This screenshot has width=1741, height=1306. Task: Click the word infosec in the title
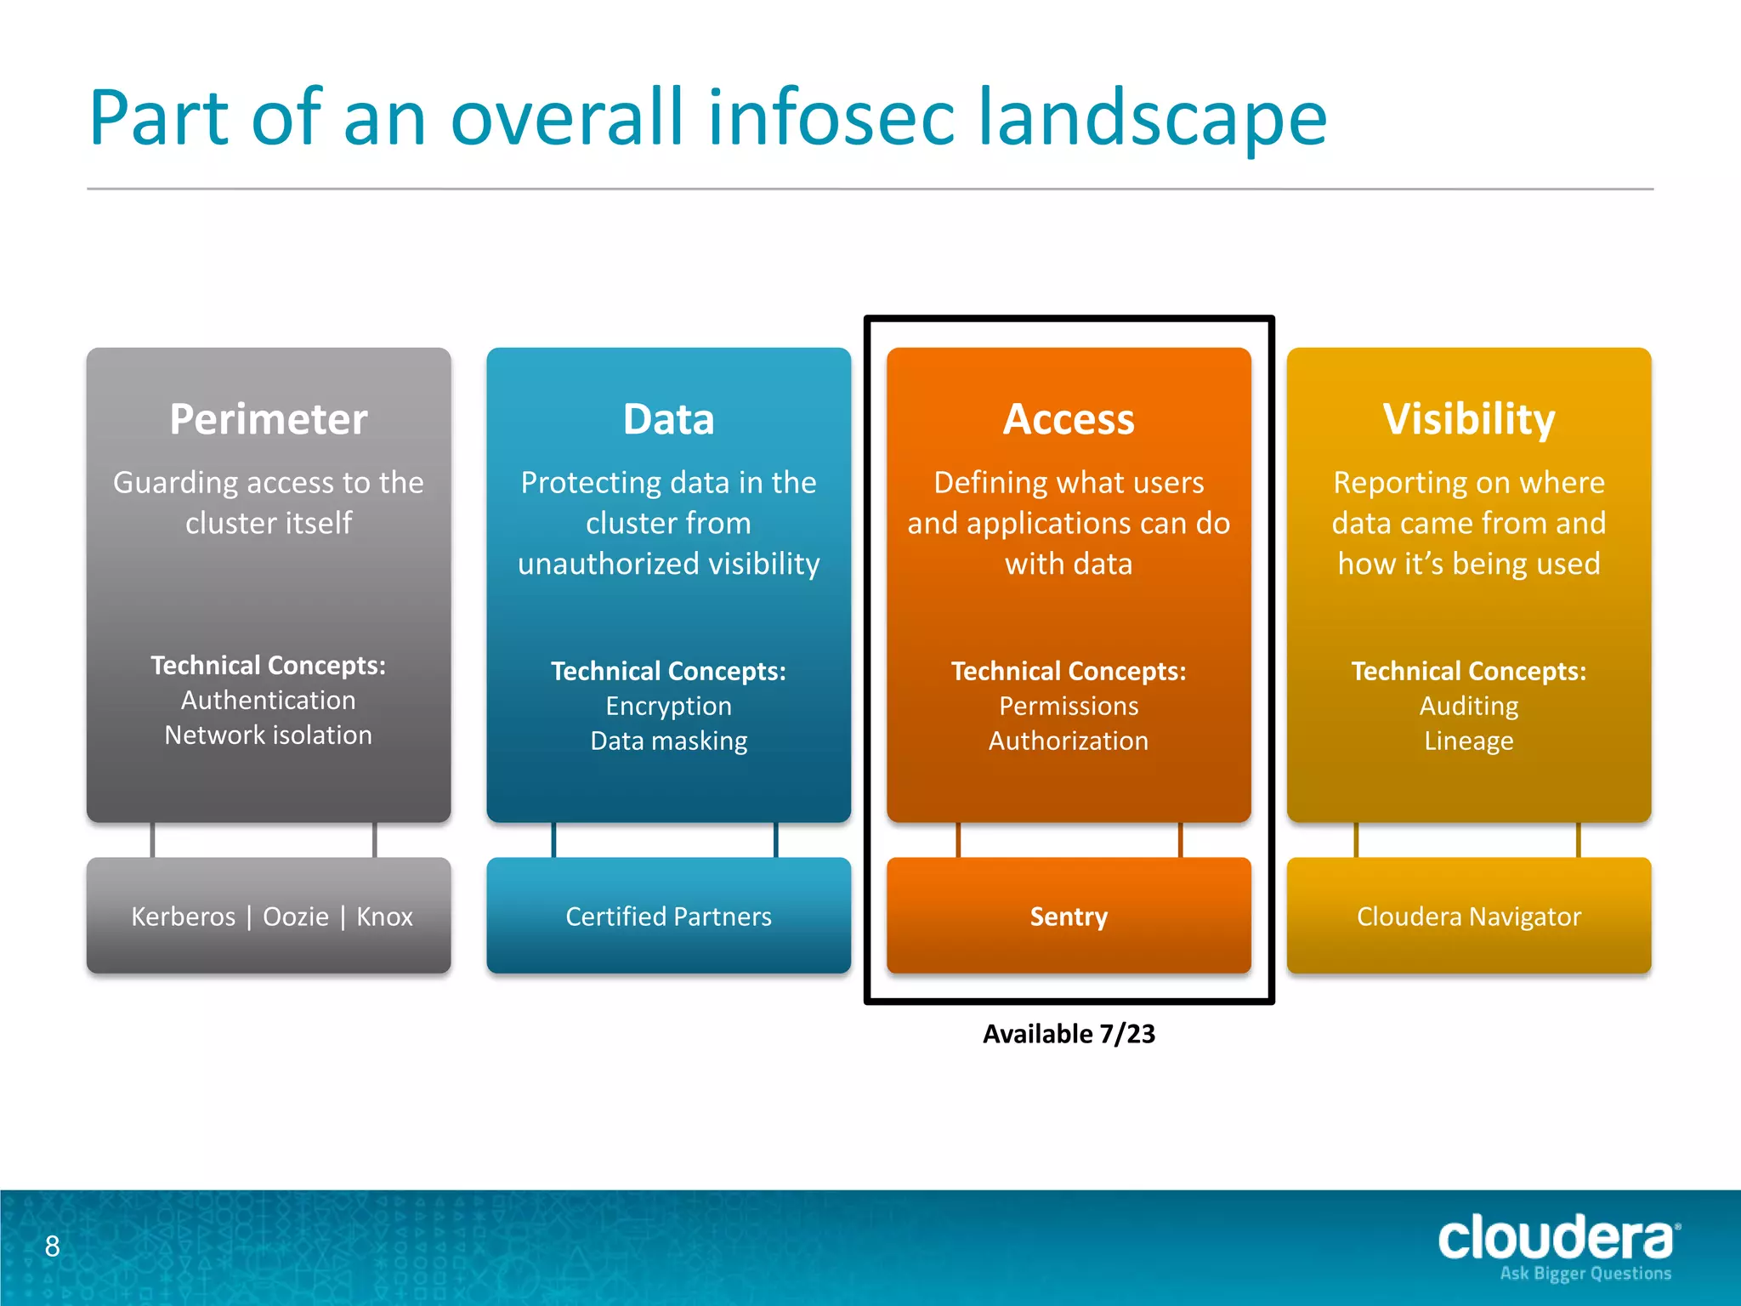(x=831, y=119)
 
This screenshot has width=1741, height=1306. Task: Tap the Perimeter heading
(x=268, y=419)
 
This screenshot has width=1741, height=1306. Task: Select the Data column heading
(x=668, y=419)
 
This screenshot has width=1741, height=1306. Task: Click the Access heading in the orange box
(x=1069, y=419)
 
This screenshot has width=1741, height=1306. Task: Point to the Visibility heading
(x=1468, y=419)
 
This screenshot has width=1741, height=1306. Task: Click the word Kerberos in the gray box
(x=183, y=917)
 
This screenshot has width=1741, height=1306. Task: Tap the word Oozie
(x=295, y=917)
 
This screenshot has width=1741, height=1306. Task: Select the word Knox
(x=384, y=917)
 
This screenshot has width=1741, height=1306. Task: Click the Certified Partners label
(x=668, y=917)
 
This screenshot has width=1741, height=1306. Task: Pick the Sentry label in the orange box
(x=1069, y=917)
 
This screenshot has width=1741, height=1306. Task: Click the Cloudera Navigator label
(x=1468, y=917)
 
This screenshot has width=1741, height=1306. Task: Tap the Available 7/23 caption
(x=1069, y=1034)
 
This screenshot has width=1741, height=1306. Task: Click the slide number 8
(x=52, y=1246)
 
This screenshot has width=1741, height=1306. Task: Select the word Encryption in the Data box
(x=668, y=707)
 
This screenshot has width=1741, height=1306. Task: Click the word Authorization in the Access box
(x=1069, y=741)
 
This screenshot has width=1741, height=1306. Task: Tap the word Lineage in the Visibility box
(x=1468, y=741)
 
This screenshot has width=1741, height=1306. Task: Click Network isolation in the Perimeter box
(x=268, y=735)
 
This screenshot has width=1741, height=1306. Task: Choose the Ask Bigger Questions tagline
(x=1585, y=1274)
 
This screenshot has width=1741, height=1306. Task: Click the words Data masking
(x=668, y=741)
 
